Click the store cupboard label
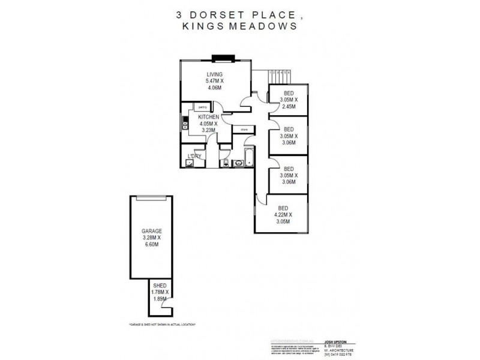click(x=244, y=129)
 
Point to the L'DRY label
click(x=194, y=156)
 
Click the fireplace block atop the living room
click(x=223, y=58)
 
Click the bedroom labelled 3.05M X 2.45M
click(x=289, y=100)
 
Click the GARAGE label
click(x=152, y=230)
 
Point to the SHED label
click(x=160, y=286)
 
